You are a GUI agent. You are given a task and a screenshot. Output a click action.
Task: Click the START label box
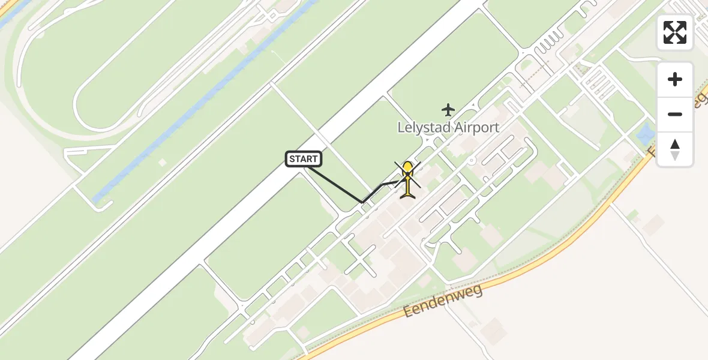[304, 159]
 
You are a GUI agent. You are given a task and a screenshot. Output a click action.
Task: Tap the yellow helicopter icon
[408, 178]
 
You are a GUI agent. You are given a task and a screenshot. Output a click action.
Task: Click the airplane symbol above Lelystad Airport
[448, 110]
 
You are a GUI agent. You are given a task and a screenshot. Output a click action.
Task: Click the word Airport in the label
[477, 127]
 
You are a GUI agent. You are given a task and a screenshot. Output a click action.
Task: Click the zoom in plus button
[675, 79]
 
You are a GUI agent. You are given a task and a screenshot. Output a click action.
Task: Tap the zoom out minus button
[675, 114]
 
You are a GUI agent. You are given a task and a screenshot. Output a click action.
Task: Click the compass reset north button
[675, 149]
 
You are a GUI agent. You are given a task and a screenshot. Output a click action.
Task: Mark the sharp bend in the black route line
[362, 202]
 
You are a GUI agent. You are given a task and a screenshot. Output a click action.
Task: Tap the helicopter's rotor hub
[408, 175]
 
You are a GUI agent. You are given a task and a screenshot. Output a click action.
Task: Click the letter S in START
[292, 159]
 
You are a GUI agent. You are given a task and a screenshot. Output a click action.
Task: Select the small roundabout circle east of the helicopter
[472, 160]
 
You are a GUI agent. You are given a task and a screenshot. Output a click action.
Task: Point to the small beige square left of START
[162, 162]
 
